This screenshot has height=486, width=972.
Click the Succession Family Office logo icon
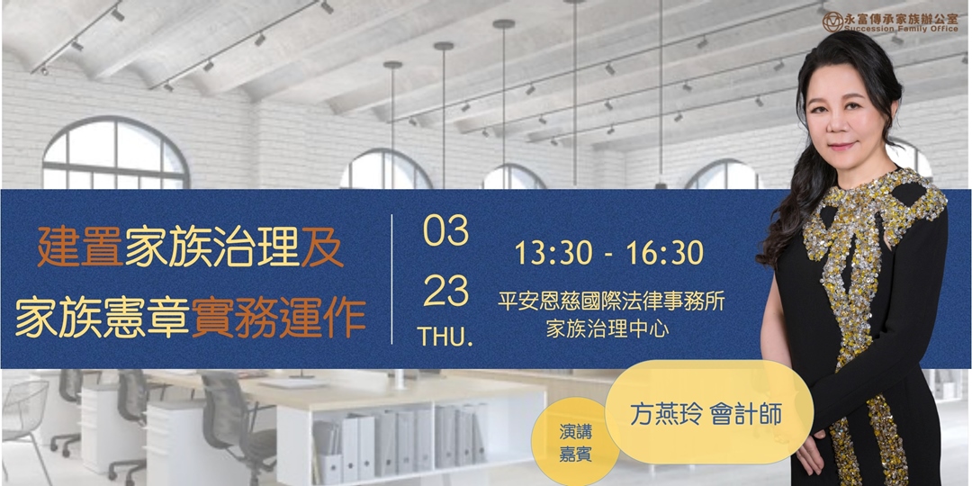(832, 22)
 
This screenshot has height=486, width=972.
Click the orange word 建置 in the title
(79, 247)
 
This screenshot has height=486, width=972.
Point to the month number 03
(445, 231)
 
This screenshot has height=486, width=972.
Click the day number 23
(445, 292)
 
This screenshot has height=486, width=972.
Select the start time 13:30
(553, 253)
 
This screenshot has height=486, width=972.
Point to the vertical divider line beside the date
(392, 279)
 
